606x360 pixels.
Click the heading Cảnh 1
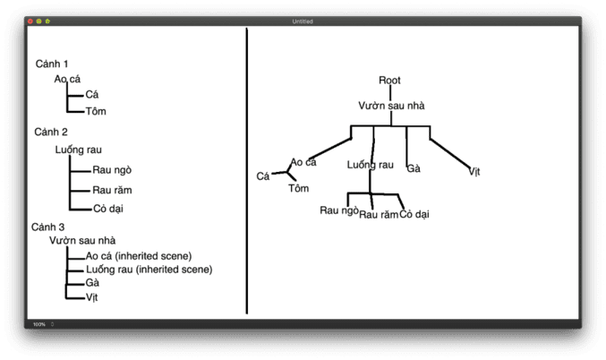(52, 64)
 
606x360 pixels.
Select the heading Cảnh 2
(51, 133)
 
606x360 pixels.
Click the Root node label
(389, 81)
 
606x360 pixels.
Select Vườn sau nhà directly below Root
(391, 106)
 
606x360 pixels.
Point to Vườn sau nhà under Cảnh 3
(82, 240)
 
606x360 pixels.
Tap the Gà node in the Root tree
(414, 168)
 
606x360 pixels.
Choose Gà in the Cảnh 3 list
(92, 283)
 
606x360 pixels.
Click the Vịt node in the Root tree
(474, 171)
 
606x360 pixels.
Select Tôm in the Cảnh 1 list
(96, 111)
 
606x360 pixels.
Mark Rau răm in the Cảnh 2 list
(112, 190)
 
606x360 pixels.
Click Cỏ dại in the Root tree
(414, 214)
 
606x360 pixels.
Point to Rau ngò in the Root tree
(339, 211)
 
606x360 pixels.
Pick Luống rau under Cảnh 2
(78, 150)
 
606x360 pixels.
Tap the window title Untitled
(303, 21)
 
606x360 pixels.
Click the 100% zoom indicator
(39, 323)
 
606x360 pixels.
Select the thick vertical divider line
(246, 170)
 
